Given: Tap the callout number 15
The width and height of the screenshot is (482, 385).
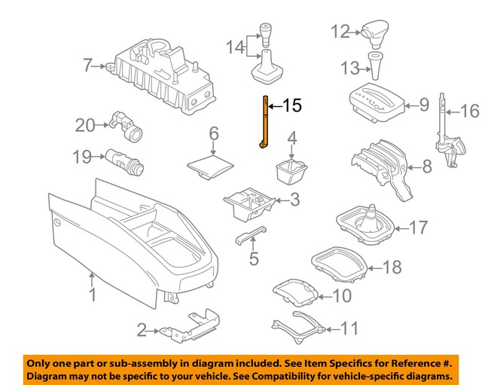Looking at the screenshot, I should (292, 105).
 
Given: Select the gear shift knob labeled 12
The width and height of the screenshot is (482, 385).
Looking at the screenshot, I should (373, 32).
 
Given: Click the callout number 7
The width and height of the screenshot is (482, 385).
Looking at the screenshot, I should (87, 66).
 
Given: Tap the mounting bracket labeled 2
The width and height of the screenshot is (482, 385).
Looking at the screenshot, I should (188, 325).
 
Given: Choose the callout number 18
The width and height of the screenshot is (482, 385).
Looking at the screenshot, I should (392, 266).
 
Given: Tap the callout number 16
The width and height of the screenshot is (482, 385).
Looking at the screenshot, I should (469, 112).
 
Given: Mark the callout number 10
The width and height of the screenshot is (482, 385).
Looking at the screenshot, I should (341, 296).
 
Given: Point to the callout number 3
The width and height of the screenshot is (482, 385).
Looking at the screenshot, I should (294, 200).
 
